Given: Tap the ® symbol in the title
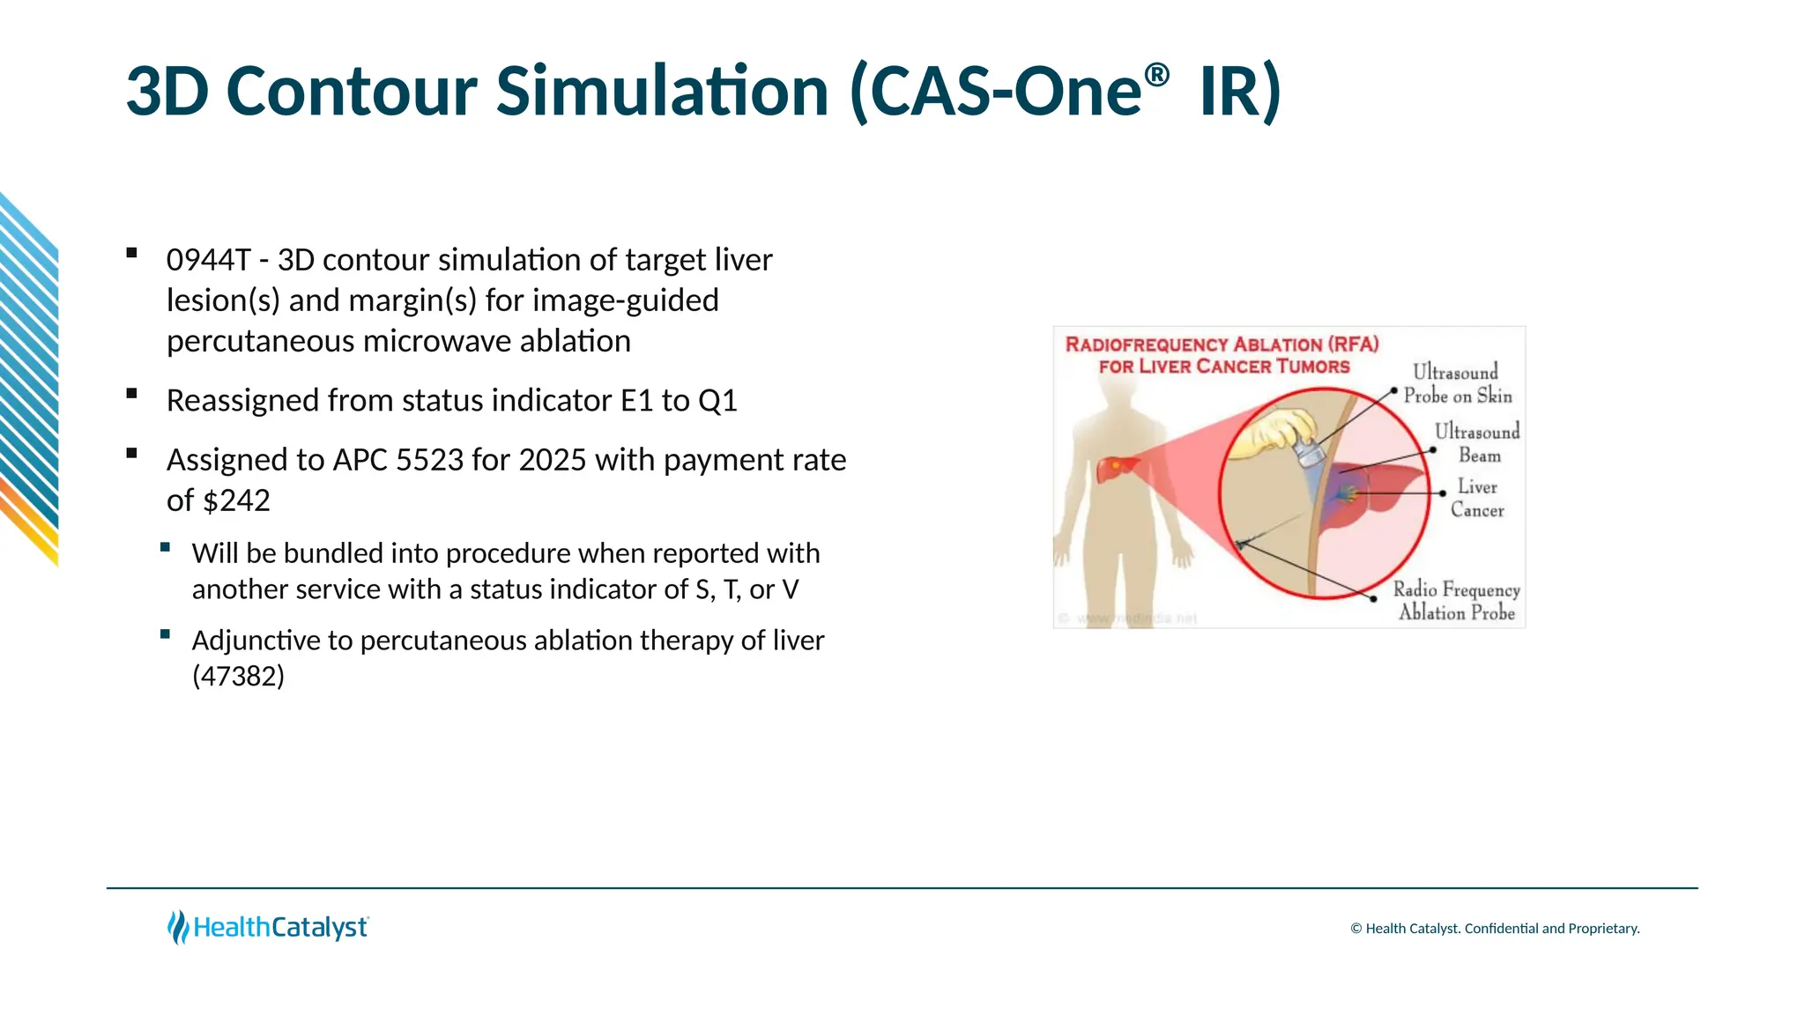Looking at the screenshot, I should (x=1157, y=76).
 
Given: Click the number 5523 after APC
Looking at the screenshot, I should (x=430, y=461).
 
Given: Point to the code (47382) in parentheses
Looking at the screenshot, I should (x=238, y=677).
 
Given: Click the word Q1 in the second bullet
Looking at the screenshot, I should (x=717, y=402).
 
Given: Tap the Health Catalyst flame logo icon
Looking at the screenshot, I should (x=178, y=927).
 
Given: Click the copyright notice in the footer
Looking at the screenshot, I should (x=1494, y=929).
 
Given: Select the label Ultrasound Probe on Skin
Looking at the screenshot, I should (x=1457, y=384).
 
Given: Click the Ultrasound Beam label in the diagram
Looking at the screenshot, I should (x=1478, y=443).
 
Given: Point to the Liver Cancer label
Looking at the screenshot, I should (x=1477, y=499).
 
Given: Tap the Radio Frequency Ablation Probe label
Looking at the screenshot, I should (x=1456, y=601).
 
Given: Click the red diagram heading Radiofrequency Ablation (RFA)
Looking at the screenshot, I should (x=1222, y=345).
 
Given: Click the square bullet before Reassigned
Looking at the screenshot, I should (x=132, y=394).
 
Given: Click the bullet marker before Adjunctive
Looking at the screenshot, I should (x=165, y=634).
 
